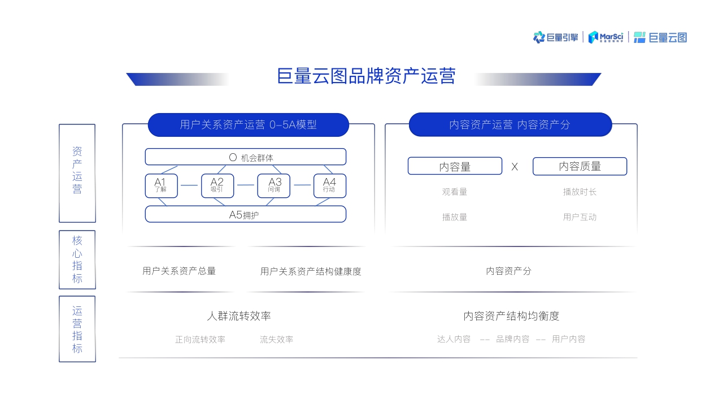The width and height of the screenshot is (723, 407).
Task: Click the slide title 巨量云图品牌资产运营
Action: click(x=366, y=76)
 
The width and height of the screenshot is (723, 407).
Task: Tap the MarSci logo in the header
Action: click(x=606, y=37)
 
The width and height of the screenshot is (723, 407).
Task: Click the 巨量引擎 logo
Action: click(x=556, y=37)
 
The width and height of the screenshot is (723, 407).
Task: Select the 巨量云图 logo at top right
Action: click(x=660, y=37)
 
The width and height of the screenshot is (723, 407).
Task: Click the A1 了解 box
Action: click(x=161, y=185)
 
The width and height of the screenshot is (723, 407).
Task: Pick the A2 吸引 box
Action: click(x=217, y=185)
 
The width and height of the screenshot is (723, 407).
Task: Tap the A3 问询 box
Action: click(x=274, y=185)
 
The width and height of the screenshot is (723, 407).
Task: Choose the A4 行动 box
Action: click(x=329, y=185)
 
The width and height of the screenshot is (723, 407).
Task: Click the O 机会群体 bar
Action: click(x=246, y=157)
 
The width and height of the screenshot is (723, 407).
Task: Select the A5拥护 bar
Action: click(x=246, y=214)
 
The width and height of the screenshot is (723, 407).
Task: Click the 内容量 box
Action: click(x=455, y=166)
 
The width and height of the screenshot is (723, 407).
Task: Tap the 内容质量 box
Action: click(x=580, y=166)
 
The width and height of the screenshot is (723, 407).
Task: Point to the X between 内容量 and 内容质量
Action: click(x=515, y=167)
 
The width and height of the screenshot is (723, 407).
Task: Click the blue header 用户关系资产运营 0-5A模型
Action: click(x=249, y=125)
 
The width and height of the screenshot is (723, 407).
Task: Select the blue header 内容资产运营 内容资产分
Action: click(x=510, y=125)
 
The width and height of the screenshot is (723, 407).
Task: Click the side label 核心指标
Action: click(x=77, y=259)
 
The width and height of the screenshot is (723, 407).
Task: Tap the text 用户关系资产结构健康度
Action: click(x=311, y=271)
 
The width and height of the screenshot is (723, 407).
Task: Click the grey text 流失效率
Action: click(x=277, y=340)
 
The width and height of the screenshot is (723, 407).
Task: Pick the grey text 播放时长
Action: click(x=580, y=192)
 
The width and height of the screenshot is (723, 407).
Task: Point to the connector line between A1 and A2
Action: click(x=189, y=185)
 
